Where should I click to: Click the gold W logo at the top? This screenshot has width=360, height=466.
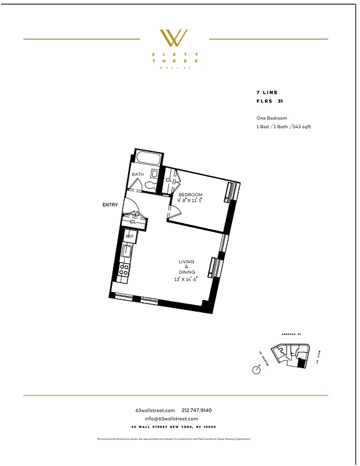(174, 38)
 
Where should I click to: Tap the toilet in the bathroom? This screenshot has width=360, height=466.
(150, 186)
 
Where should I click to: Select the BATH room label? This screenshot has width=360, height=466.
(137, 174)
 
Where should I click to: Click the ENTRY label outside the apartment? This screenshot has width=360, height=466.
(110, 205)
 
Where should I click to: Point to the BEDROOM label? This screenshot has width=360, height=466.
(190, 195)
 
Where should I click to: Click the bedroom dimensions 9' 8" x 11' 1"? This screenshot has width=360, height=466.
(190, 201)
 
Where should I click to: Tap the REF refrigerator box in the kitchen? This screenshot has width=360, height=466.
(129, 236)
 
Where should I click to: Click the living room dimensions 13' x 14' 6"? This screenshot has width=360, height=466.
(186, 279)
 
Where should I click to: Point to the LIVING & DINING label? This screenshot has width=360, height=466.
(187, 267)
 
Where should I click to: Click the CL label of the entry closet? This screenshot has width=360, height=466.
(133, 221)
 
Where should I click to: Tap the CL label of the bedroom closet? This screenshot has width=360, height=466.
(168, 179)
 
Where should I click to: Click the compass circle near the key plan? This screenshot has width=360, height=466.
(256, 370)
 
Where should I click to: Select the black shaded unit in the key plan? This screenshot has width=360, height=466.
(301, 363)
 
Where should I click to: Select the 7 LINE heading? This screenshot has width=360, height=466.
(267, 93)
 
